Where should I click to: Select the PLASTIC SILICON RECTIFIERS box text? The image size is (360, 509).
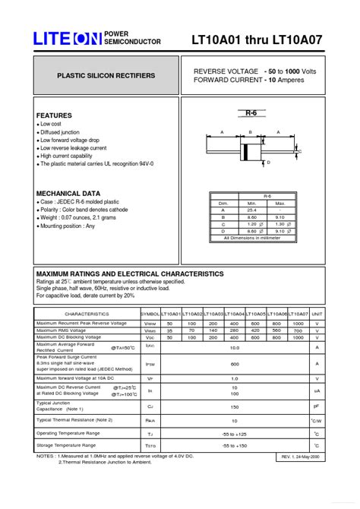click(106, 76)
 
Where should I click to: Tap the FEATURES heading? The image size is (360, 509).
click(54, 115)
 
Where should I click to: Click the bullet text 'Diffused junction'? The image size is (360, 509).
click(60, 132)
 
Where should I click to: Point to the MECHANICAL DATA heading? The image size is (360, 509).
click(68, 193)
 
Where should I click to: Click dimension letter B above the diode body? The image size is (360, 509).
click(249, 132)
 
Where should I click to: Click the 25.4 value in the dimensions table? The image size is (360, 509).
click(251, 210)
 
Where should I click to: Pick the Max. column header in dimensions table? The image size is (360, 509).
click(280, 203)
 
